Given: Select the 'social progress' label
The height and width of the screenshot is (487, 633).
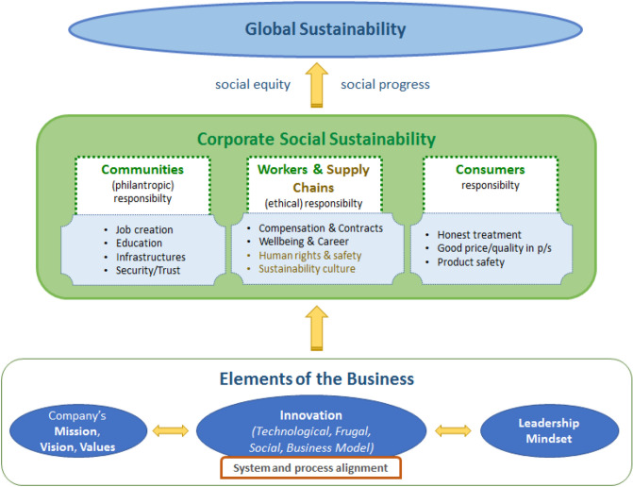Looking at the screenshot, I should tap(384, 84).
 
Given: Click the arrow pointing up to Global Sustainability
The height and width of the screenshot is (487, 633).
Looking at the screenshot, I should tap(317, 86).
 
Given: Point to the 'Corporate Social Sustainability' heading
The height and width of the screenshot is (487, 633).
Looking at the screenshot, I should tap(317, 140).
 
